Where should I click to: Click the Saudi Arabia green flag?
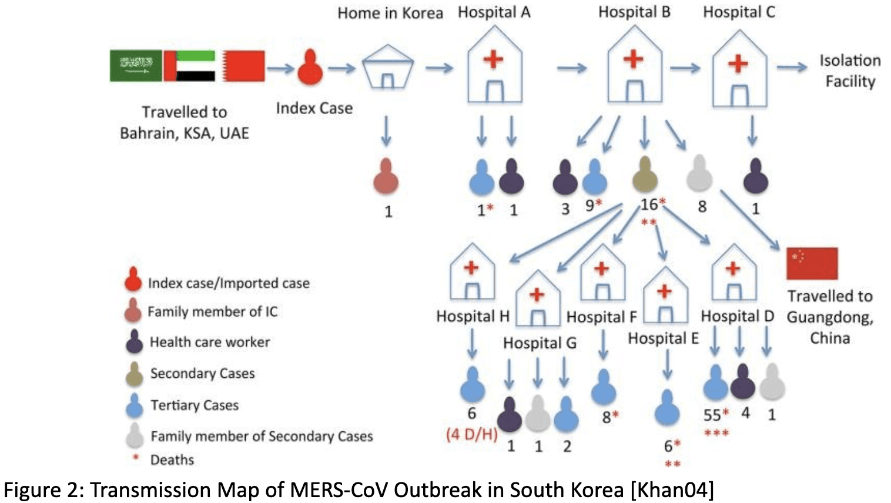pyautogui.click(x=136, y=65)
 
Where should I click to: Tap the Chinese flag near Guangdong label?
pyautogui.click(x=812, y=263)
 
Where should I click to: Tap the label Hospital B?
pyautogui.click(x=634, y=12)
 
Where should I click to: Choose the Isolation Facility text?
pyautogui.click(x=850, y=71)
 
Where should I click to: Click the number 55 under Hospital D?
pyautogui.click(x=712, y=415)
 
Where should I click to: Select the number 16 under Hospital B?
pyautogui.click(x=648, y=204)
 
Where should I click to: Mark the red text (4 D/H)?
pyautogui.click(x=471, y=435)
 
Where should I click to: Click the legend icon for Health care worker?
pyautogui.click(x=135, y=341)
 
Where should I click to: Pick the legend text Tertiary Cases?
pyautogui.click(x=195, y=405)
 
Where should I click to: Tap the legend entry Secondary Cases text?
pyautogui.click(x=202, y=373)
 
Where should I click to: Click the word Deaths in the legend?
pyautogui.click(x=172, y=460)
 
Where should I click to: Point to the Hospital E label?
pyautogui.click(x=663, y=338)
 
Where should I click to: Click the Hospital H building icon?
pyautogui.click(x=472, y=273)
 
